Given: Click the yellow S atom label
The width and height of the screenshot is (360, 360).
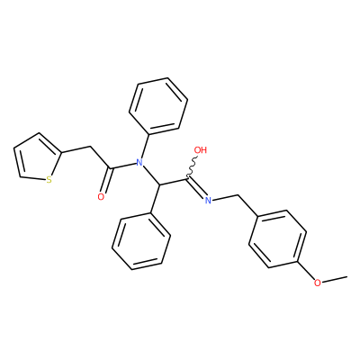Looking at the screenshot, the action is point(49,180).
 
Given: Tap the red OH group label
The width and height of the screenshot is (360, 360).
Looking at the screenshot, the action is point(201,149).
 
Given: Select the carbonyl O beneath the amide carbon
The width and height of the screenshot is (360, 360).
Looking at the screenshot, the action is point(101,197).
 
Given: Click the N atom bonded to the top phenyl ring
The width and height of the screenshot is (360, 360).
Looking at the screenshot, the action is point(139,163).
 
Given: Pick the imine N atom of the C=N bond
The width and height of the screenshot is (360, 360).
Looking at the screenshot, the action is point(208,201).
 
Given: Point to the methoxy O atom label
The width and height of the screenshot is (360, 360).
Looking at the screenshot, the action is point(317,283).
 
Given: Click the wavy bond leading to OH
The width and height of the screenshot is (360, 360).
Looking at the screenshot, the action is point(193,166).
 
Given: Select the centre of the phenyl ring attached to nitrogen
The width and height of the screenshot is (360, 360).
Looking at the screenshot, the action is point(158,105).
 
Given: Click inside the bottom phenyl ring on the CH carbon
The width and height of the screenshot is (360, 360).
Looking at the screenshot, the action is point(141,241).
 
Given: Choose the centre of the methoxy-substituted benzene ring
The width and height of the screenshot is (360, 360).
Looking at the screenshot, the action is point(277,238).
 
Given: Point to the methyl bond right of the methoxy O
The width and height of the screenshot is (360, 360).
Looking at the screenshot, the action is point(335,279).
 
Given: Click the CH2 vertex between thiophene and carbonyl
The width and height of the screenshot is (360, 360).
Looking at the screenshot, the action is point(90,147).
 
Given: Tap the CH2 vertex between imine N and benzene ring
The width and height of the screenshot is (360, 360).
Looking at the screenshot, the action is point(238,195).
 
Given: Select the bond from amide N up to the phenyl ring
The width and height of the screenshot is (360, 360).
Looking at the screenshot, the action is point(145,146).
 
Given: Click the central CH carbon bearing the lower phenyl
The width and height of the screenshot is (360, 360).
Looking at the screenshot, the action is point(159,184).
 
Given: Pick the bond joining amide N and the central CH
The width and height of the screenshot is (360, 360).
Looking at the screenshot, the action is point(150,175).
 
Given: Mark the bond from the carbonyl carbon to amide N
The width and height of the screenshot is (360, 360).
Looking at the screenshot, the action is point(123,166).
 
